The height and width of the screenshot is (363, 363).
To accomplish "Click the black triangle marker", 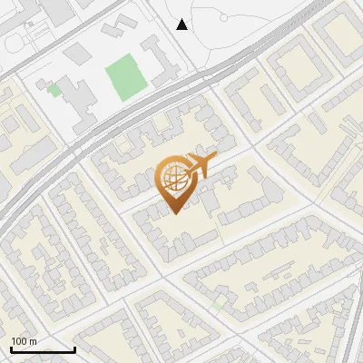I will pyautogui.click(x=182, y=25).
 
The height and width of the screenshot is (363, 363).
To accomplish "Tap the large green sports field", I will pyautogui.click(x=125, y=78).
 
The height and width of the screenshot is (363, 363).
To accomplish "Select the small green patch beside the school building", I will pyautogui.click(x=55, y=89).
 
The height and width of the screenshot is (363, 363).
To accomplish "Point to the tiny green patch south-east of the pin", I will pyautogui.click(x=218, y=307).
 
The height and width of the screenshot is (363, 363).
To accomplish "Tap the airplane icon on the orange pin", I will pyautogui.click(x=197, y=166).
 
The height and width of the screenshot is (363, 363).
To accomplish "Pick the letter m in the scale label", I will pyautogui.click(x=34, y=341).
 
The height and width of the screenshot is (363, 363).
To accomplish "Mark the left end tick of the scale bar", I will pyautogui.click(x=11, y=349).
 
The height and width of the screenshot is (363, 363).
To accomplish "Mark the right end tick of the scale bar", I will pyautogui.click(x=74, y=349).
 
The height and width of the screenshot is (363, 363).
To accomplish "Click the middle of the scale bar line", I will pyautogui.click(x=43, y=350).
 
